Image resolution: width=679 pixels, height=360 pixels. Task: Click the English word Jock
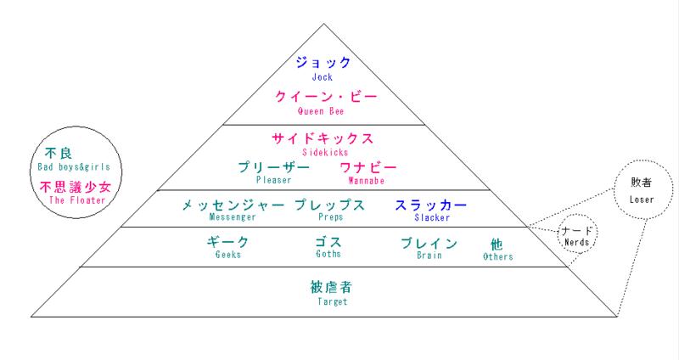(323, 77)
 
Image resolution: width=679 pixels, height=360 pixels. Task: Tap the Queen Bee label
(321, 111)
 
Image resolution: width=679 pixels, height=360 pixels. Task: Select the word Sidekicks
(325, 152)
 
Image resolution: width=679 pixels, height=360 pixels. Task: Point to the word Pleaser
(273, 180)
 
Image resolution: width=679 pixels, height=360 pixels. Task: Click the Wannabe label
(367, 180)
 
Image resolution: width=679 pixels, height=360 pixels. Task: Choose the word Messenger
(233, 217)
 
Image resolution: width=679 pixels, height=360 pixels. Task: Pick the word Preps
(330, 217)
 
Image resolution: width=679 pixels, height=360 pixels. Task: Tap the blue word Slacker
(432, 217)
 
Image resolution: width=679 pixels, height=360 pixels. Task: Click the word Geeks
(227, 255)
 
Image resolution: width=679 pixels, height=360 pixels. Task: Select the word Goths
(328, 254)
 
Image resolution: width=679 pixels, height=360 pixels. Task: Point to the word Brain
(429, 256)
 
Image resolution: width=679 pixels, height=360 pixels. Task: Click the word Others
(498, 256)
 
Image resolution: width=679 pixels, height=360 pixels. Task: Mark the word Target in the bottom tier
(333, 301)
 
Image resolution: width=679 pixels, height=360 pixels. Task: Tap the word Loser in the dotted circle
(642, 200)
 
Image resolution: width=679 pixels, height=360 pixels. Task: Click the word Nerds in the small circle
(577, 242)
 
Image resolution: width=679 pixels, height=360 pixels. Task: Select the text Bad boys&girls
(74, 166)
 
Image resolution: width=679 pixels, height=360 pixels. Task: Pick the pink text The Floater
(77, 200)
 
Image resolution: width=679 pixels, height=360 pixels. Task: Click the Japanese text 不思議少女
(76, 187)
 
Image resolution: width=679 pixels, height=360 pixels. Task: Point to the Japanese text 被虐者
(331, 287)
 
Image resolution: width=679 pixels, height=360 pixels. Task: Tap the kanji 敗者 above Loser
(642, 183)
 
